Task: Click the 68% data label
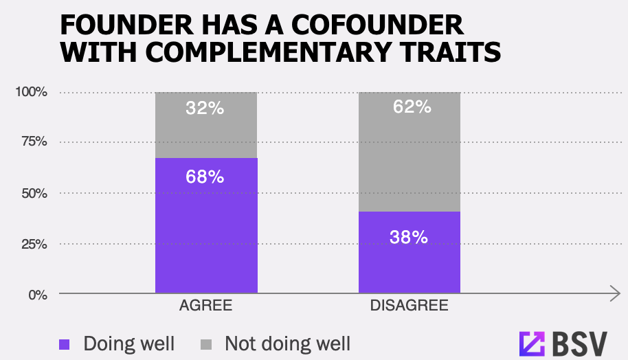(205, 177)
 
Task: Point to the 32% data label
(205, 108)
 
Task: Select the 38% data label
(410, 238)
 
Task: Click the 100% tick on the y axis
(31, 92)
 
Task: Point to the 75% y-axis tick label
(33, 142)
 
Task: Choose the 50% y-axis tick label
(33, 193)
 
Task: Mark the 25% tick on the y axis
(33, 244)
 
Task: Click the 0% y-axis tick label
(37, 294)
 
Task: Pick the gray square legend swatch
(207, 344)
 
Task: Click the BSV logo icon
(531, 342)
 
